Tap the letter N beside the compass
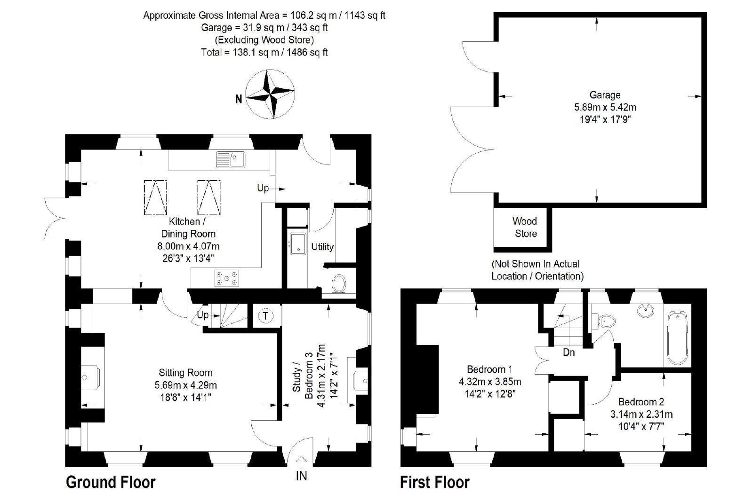(239, 99)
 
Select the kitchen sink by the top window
(230, 160)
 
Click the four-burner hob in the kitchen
(227, 278)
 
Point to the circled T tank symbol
(265, 316)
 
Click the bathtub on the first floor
(678, 337)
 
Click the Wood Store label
(525, 227)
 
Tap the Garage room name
(605, 95)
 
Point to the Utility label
(322, 247)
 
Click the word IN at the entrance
(302, 476)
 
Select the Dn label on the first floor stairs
(569, 352)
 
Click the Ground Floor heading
(111, 482)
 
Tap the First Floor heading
(434, 482)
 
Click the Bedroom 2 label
(641, 402)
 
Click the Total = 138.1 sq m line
(264, 52)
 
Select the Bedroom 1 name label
(489, 369)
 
